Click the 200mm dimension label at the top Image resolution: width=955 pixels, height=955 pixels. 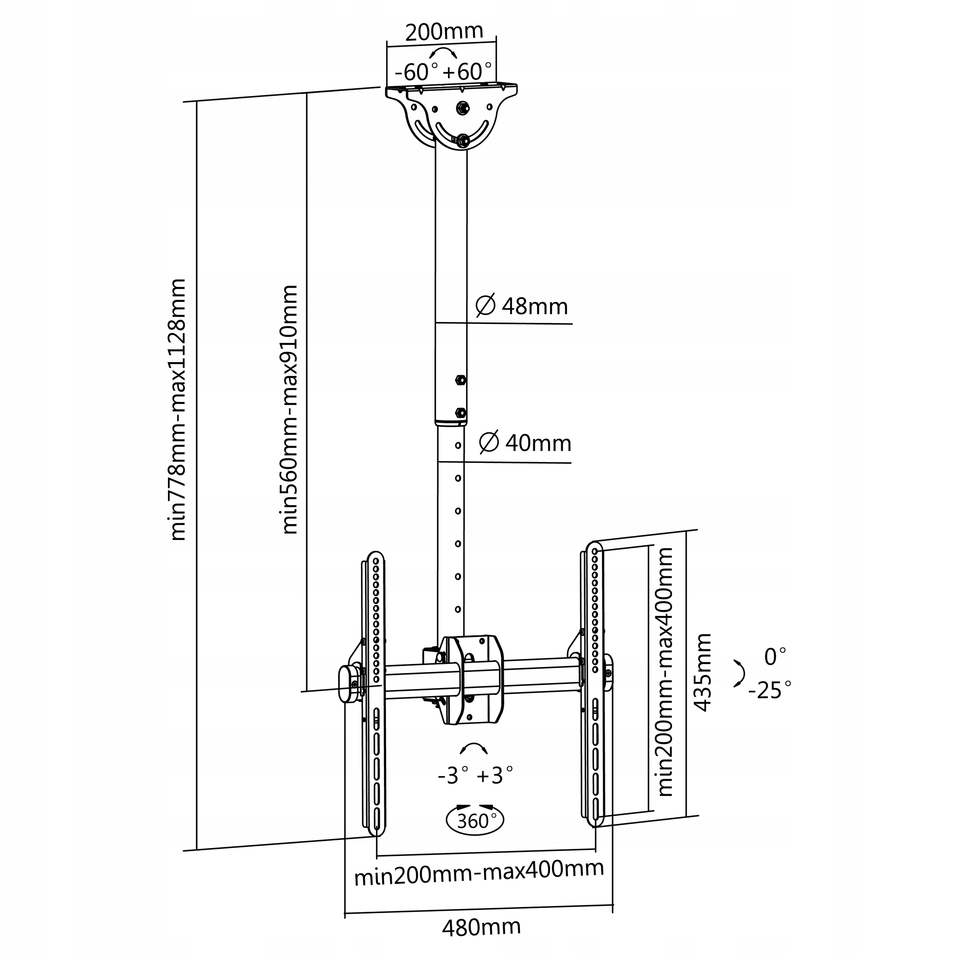tap(444, 32)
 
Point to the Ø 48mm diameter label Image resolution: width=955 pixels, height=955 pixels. tap(522, 306)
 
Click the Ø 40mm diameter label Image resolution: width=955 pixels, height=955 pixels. tap(525, 443)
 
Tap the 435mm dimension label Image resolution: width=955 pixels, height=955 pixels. tap(702, 672)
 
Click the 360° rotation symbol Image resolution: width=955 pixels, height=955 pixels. tap(475, 821)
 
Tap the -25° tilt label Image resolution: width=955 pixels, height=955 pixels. tap(770, 690)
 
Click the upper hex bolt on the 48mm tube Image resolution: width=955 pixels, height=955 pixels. tap(460, 380)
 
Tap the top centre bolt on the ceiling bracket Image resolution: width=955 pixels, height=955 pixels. tap(463, 107)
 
